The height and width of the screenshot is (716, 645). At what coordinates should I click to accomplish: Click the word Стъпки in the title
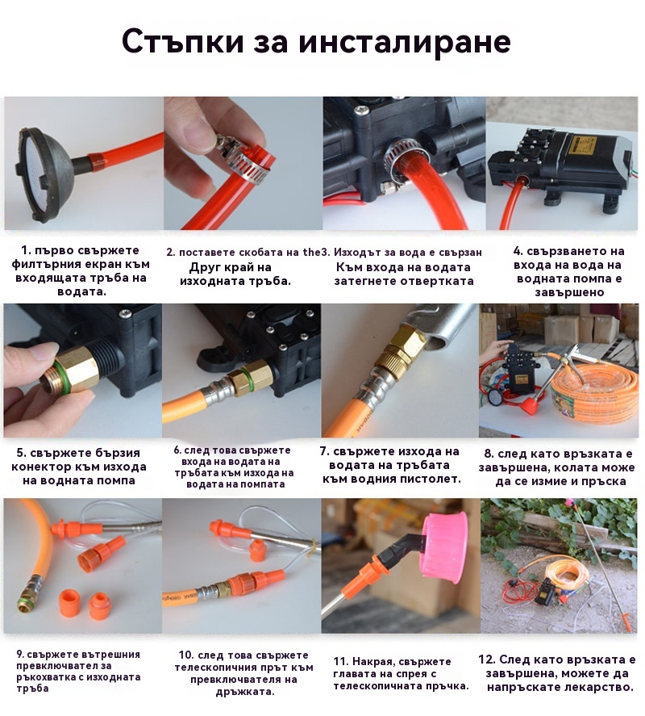click(183, 42)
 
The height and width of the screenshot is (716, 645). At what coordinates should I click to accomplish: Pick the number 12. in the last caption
click(487, 659)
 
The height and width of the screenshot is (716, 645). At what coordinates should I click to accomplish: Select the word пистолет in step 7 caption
click(431, 479)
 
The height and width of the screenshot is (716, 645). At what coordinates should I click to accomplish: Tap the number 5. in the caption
click(22, 453)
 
